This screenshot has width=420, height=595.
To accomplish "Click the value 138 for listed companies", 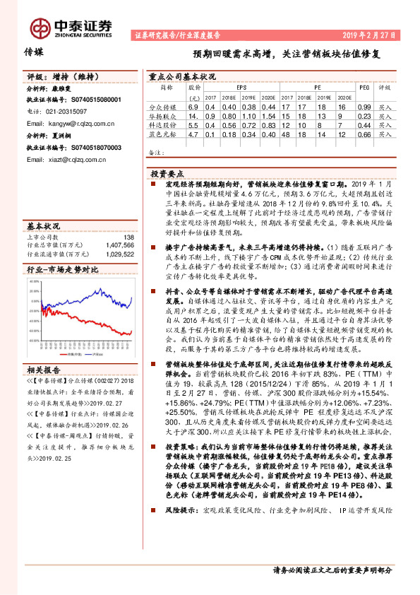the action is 128,237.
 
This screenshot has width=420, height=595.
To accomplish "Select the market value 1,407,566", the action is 119,245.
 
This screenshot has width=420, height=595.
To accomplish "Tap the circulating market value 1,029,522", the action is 119,252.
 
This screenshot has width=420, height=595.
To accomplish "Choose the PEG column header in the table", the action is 364,88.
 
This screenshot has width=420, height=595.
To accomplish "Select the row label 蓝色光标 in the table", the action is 167,133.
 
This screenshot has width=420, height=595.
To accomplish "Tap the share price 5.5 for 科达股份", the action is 191,124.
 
